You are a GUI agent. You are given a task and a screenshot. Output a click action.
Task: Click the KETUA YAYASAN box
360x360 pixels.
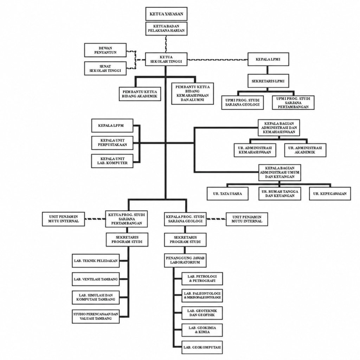[x=166, y=14]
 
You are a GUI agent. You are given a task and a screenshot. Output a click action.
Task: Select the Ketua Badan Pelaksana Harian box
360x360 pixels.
[x=166, y=28]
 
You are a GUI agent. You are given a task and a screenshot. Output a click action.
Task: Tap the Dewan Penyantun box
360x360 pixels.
[x=105, y=50]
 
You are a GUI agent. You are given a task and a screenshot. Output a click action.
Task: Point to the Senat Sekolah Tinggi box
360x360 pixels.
[x=105, y=68]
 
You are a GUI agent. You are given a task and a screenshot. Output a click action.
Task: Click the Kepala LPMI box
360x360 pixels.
[x=268, y=59]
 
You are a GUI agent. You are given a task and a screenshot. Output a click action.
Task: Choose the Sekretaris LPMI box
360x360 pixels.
[x=268, y=81]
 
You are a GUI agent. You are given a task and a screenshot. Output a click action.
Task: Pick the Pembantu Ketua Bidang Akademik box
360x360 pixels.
[x=140, y=94]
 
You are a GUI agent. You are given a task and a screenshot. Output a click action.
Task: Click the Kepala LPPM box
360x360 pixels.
[x=112, y=126]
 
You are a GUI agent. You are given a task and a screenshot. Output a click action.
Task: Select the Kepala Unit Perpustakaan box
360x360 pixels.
[x=112, y=143]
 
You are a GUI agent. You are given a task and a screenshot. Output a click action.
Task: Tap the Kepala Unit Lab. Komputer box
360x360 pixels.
[x=112, y=161]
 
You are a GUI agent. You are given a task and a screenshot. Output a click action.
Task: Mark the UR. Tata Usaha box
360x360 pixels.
[x=227, y=194]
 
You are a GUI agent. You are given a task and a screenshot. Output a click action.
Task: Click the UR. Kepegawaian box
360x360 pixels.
[x=330, y=194]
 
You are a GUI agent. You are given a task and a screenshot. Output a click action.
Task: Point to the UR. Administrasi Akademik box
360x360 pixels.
[x=305, y=150]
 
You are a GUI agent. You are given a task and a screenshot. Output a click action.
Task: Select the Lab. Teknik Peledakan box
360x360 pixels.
[x=96, y=261]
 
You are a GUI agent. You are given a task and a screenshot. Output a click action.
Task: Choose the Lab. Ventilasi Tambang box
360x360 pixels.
[x=96, y=279]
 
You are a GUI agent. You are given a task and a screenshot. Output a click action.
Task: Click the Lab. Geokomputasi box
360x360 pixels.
[x=202, y=347]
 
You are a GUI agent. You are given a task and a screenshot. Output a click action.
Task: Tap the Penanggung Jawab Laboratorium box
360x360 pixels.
[x=185, y=261]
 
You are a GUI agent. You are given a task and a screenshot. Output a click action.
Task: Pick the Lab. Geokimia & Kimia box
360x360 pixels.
[x=202, y=330]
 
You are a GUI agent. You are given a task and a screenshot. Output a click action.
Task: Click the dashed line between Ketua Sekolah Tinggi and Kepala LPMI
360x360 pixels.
[x=217, y=60]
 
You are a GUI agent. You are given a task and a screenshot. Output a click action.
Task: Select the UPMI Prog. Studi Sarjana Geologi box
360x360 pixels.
[x=243, y=102]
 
